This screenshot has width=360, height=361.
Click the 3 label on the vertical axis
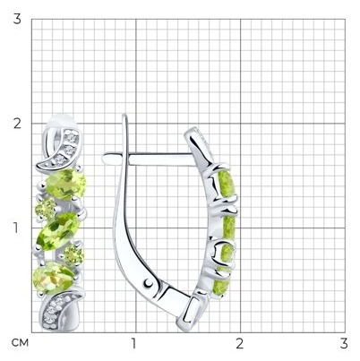[17, 19]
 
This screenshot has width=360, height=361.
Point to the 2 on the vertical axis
[17, 124]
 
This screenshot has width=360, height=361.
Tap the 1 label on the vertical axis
[15, 228]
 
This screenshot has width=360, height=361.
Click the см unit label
[21, 343]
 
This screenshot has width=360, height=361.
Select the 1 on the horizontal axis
[134, 344]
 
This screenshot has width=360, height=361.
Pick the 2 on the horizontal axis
[239, 344]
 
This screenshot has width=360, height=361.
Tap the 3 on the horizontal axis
[344, 344]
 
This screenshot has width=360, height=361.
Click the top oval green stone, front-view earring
[65, 185]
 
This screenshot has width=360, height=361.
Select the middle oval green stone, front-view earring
[58, 231]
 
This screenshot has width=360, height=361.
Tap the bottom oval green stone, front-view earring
[54, 278]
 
